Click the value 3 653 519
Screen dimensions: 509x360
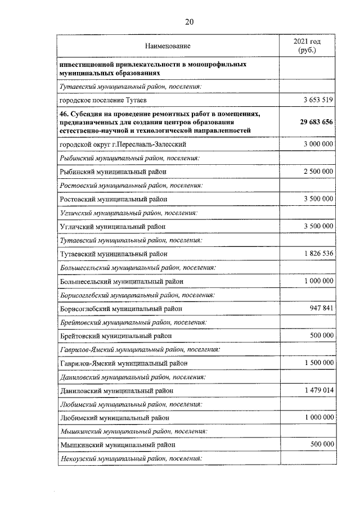pyautogui.click(x=318, y=100)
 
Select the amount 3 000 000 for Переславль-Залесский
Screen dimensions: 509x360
pyautogui.click(x=318, y=144)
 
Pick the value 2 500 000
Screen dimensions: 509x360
pyautogui.click(x=318, y=171)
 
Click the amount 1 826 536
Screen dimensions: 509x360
pyautogui.click(x=318, y=253)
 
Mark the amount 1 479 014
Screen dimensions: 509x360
pyautogui.click(x=318, y=390)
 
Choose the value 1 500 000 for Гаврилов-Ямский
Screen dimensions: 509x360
pyautogui.click(x=318, y=363)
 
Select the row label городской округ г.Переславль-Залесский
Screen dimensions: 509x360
pyautogui.click(x=123, y=145)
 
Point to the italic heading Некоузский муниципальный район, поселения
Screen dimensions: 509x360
pyautogui.click(x=130, y=458)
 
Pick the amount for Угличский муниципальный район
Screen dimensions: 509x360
pyautogui.click(x=318, y=226)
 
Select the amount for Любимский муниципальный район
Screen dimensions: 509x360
pyautogui.click(x=318, y=417)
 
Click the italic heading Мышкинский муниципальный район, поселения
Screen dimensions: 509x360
pyautogui.click(x=133, y=431)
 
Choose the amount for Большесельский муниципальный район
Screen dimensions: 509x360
pyautogui.click(x=318, y=281)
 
